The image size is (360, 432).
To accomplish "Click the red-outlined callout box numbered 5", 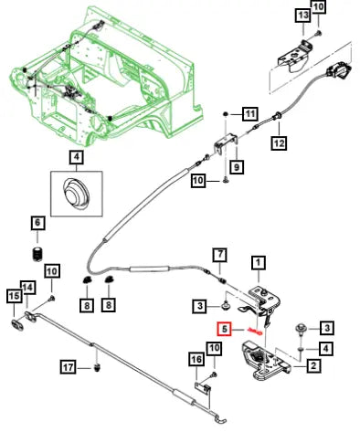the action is pyautogui.click(x=225, y=329).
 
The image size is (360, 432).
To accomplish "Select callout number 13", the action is pyautogui.click(x=303, y=15).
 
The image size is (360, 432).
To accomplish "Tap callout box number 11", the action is pyautogui.click(x=250, y=114).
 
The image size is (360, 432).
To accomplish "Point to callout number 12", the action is pyautogui.click(x=279, y=142).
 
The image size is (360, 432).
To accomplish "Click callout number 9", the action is pyautogui.click(x=237, y=166).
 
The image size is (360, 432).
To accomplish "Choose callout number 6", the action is pyautogui.click(x=37, y=223).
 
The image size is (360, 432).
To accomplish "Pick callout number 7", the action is pyautogui.click(x=220, y=255).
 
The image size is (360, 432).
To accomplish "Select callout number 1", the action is pyautogui.click(x=259, y=262).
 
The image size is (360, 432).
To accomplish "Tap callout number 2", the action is pyautogui.click(x=313, y=365).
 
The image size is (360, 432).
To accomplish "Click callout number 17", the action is pyautogui.click(x=69, y=367).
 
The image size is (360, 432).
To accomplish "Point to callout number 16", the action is pyautogui.click(x=196, y=359).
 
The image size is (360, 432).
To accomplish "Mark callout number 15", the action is pyautogui.click(x=14, y=295).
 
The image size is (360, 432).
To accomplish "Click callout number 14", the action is pyautogui.click(x=28, y=288).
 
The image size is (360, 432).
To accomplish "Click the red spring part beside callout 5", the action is pyautogui.click(x=256, y=332).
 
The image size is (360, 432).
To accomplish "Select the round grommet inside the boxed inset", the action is pyautogui.click(x=76, y=193).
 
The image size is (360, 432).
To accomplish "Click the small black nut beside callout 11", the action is pyautogui.click(x=226, y=114).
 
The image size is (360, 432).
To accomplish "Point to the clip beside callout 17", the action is pyautogui.click(x=98, y=367).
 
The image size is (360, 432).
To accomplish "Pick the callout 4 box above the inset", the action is pyautogui.click(x=76, y=157).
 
